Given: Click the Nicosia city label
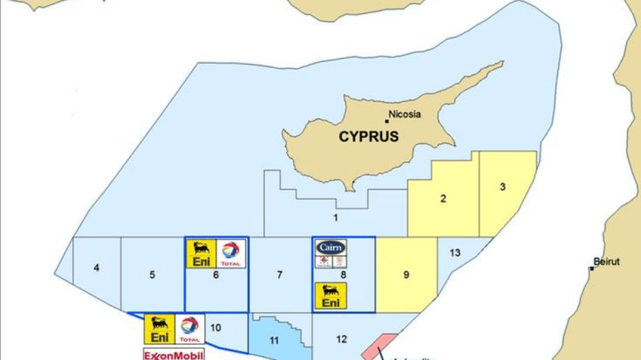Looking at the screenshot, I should (x=405, y=115).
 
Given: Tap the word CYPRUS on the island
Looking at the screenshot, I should (x=368, y=137).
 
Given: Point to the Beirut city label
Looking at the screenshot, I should (x=606, y=262).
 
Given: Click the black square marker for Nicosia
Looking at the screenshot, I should (x=386, y=120).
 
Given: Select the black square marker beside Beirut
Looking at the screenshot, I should (x=592, y=268).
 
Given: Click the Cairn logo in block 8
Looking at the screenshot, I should (x=331, y=248).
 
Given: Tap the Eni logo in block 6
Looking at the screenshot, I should (x=201, y=254).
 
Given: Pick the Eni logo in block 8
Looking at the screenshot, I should (x=330, y=296).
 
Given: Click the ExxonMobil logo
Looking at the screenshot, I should (x=173, y=355).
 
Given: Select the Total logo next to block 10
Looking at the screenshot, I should (x=189, y=329).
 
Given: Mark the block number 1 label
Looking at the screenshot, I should (x=335, y=218).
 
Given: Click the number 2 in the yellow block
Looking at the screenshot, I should (x=443, y=199).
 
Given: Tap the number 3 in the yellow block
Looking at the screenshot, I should (x=503, y=187).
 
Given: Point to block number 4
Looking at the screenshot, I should (x=97, y=268).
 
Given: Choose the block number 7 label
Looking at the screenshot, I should (x=279, y=275).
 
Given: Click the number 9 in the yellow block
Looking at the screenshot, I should (x=406, y=275).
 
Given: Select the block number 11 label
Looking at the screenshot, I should (x=274, y=341).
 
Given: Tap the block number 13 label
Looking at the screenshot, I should (x=454, y=253).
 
